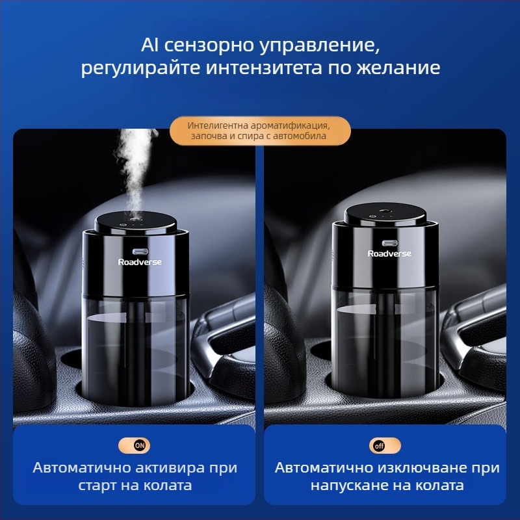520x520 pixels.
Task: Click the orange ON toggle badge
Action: click(135, 445)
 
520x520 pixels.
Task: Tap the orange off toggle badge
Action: click(385, 445)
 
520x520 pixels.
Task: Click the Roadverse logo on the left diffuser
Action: click(140, 262)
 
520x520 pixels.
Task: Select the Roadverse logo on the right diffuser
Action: click(389, 253)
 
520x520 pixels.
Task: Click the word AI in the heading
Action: click(149, 45)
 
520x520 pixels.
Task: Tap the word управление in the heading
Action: click(319, 45)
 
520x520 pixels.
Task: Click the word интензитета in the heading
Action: click(264, 68)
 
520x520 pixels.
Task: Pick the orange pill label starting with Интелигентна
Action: click(261, 131)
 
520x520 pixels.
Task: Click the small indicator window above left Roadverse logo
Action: click(140, 252)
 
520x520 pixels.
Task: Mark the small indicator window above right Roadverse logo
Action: click(390, 243)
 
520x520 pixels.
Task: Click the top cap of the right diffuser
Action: click(385, 214)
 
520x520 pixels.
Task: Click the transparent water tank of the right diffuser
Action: click(385, 338)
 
